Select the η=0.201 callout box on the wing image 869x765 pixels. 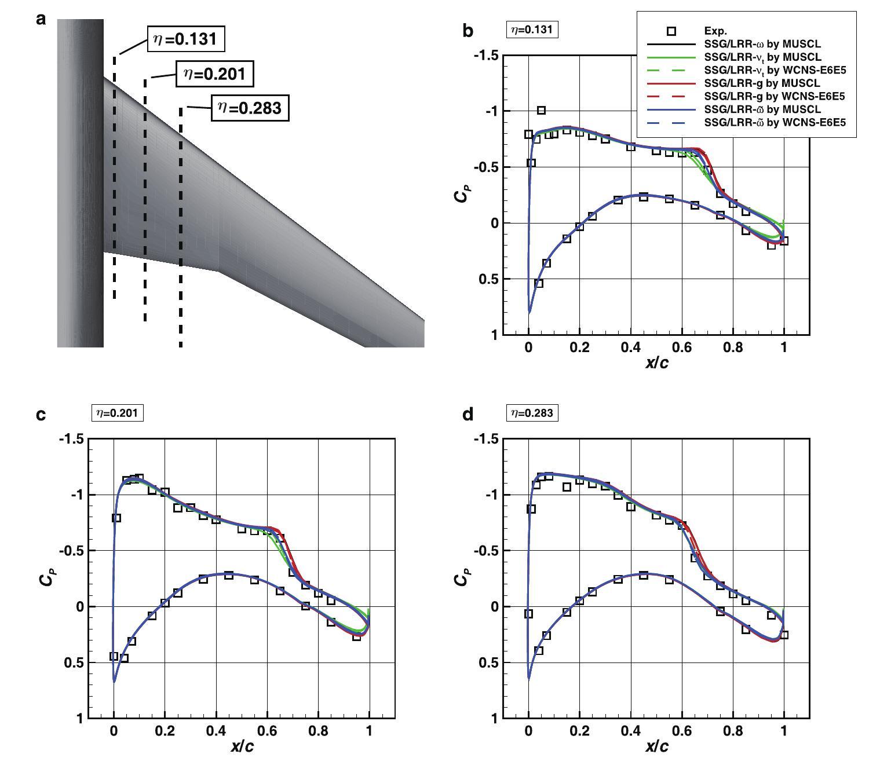[x=215, y=73]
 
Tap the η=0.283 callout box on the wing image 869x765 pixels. [x=250, y=108]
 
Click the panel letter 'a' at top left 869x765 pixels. [x=41, y=20]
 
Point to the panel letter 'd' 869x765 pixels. [x=469, y=414]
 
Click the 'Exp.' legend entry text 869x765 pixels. [x=715, y=31]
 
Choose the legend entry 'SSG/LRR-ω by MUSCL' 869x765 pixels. [x=762, y=44]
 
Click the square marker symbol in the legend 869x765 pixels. [x=671, y=31]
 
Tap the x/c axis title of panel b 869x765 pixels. [x=656, y=363]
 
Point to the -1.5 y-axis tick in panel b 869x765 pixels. [x=485, y=56]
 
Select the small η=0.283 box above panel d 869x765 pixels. [x=532, y=413]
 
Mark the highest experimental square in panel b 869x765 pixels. [x=541, y=110]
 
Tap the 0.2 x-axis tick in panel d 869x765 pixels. [x=579, y=730]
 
